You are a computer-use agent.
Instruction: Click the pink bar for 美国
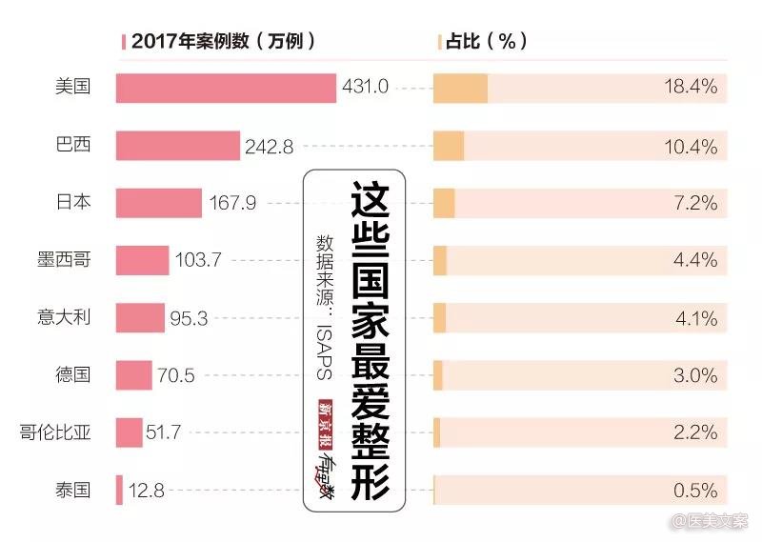pyautogui.click(x=226, y=88)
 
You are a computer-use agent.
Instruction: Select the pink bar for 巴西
pyautogui.click(x=178, y=146)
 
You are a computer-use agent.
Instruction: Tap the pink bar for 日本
pyautogui.click(x=159, y=203)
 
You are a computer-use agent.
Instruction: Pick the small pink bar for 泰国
pyautogui.click(x=119, y=491)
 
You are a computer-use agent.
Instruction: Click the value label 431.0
pyautogui.click(x=365, y=88)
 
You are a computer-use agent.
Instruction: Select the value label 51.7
pyautogui.click(x=163, y=433)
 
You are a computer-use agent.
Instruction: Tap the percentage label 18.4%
pyautogui.click(x=690, y=88)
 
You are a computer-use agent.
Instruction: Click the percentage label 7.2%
pyautogui.click(x=694, y=203)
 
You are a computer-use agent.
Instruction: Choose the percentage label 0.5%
pyautogui.click(x=694, y=491)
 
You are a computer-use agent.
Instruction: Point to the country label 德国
pyautogui.click(x=73, y=375)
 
